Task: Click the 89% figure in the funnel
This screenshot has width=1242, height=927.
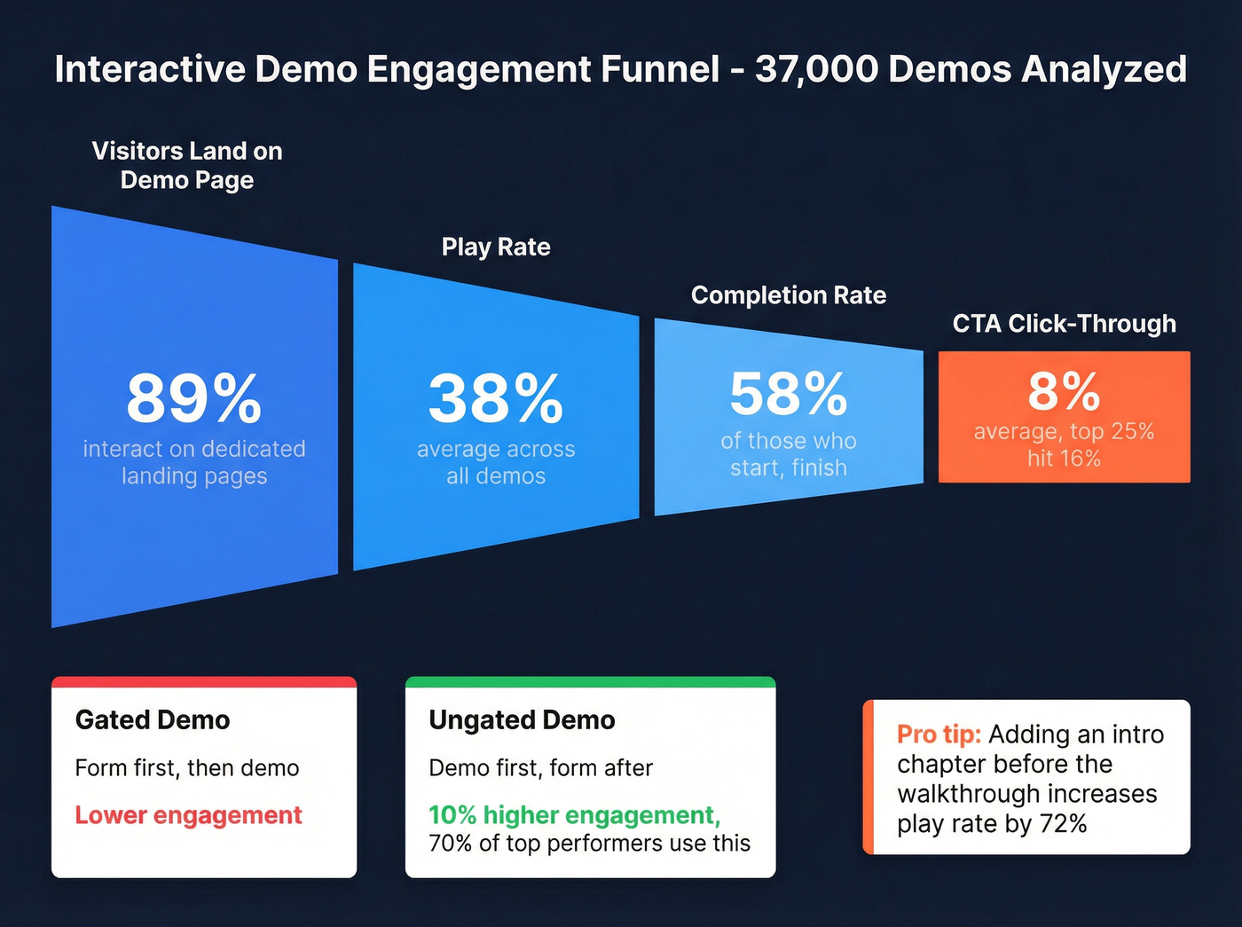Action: coord(193,398)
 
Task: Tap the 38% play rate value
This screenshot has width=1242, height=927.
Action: coord(495,398)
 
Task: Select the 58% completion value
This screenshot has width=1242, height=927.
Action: coord(788,393)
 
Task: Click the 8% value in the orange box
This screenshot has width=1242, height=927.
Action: coord(1064,391)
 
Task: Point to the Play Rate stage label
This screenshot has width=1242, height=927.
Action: coord(496,247)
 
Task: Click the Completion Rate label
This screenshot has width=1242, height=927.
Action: coord(788,295)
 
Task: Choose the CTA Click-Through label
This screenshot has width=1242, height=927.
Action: coord(1064,324)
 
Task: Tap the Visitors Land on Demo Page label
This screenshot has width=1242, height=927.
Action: coord(187,165)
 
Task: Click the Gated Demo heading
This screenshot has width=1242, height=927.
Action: coord(153,719)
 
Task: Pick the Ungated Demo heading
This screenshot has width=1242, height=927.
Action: coord(522,719)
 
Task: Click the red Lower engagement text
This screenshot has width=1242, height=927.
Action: coord(188,815)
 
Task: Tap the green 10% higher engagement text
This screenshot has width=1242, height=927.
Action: coord(574,815)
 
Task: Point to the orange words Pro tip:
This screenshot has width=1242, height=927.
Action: coord(939,735)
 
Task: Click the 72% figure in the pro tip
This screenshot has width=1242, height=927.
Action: coord(1063,824)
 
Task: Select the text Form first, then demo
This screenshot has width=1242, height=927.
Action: coord(187,768)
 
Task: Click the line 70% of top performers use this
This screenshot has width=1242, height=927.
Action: coord(589,844)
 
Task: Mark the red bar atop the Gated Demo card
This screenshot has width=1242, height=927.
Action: coord(204,682)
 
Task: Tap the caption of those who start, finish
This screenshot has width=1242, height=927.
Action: coord(788,454)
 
